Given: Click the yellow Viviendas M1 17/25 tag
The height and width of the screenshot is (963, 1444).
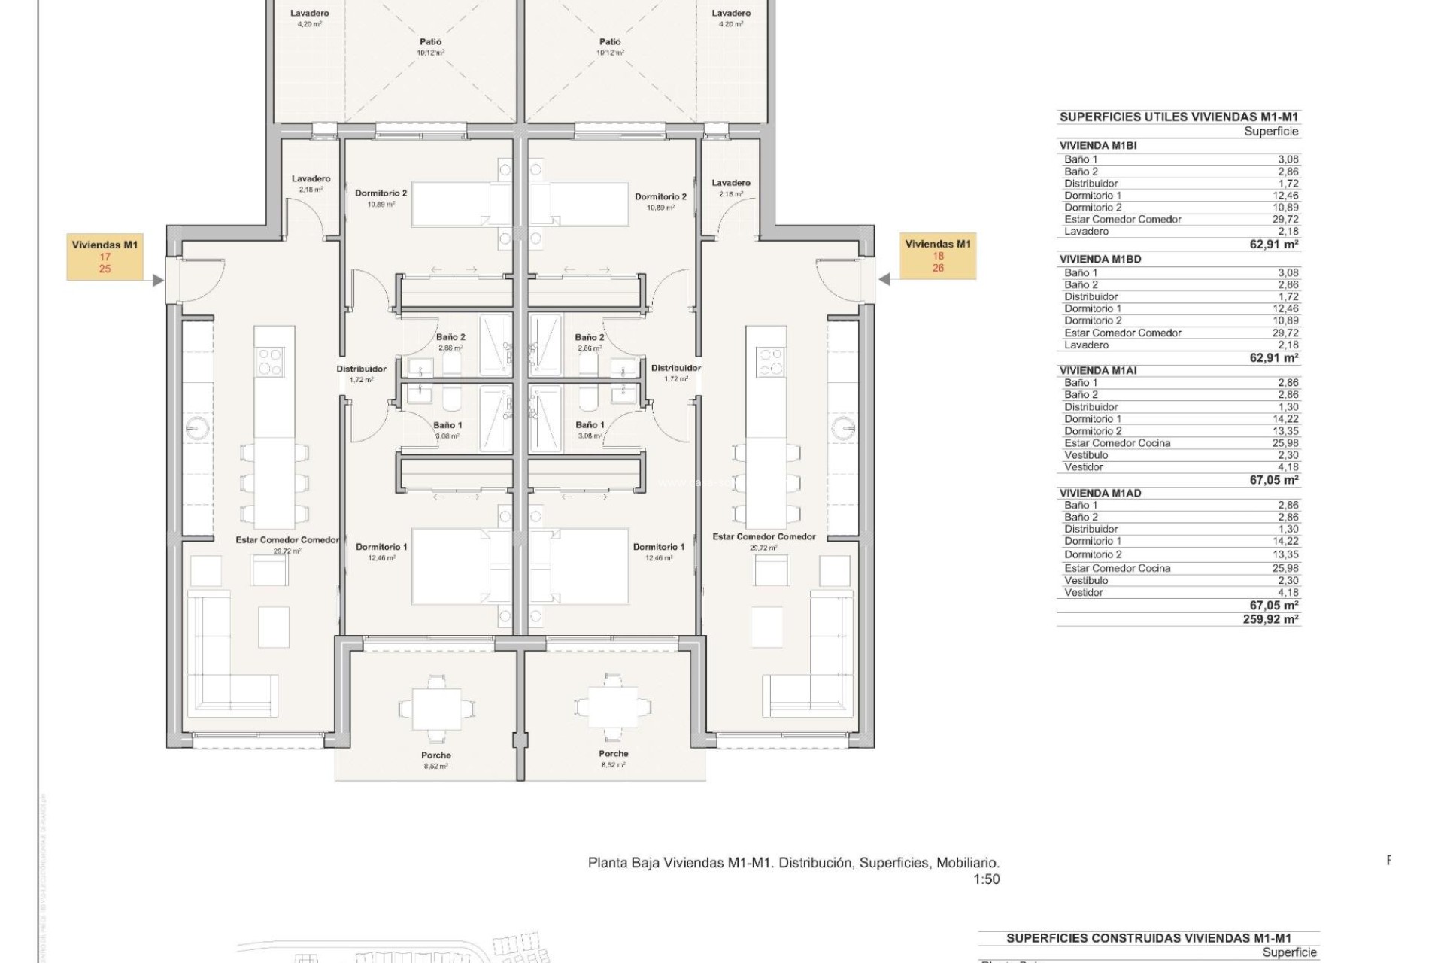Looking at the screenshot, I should [x=105, y=257].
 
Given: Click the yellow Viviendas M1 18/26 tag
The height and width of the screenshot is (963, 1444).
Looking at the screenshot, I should [x=938, y=256].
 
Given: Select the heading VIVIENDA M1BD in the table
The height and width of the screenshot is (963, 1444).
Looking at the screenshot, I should [x=1100, y=259].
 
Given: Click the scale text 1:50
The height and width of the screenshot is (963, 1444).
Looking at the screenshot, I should [x=986, y=879].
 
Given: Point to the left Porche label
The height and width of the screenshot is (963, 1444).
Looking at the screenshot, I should [x=436, y=755].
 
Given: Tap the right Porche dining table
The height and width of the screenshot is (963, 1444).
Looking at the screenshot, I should [x=613, y=706].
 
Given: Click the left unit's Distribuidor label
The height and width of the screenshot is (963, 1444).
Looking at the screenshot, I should [x=361, y=369].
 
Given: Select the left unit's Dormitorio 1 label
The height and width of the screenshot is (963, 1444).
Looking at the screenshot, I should [x=381, y=547].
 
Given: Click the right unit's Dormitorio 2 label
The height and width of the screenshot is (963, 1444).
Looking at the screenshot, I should [x=660, y=197].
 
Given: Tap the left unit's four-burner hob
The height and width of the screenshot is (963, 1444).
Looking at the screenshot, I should [x=271, y=361].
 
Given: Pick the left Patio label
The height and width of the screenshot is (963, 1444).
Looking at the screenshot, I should [x=431, y=42].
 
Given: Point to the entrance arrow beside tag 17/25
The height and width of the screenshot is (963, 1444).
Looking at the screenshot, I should [x=158, y=281].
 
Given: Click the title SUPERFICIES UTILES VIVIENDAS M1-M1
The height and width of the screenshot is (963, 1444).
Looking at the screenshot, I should [x=1179, y=117].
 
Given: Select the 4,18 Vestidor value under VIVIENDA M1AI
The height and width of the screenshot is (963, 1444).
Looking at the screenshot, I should [x=1288, y=467].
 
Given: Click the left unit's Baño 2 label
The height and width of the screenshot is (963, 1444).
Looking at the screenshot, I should [x=450, y=337].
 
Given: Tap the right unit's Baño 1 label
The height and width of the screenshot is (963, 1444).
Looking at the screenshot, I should [x=590, y=425].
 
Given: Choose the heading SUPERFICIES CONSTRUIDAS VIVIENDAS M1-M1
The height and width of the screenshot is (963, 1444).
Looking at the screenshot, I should [x=1148, y=938].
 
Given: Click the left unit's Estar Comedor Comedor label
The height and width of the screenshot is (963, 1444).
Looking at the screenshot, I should [x=287, y=539].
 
